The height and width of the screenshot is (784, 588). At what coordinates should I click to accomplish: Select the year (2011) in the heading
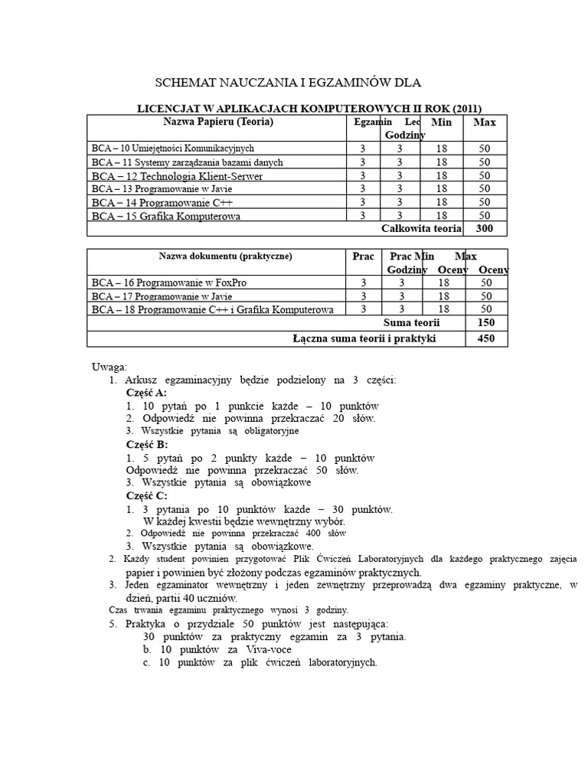[x=469, y=108]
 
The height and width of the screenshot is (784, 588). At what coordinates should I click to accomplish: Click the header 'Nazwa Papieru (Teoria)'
[x=218, y=122]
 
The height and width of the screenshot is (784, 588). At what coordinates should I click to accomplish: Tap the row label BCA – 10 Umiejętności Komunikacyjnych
[x=172, y=148]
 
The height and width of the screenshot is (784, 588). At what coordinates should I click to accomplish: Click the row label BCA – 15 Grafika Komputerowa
[x=165, y=216]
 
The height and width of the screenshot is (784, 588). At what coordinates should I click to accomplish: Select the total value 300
[x=485, y=228]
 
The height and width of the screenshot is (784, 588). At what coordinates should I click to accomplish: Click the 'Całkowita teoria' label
[x=421, y=228]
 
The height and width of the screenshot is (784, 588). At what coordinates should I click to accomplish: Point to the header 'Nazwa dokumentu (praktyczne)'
[x=214, y=256]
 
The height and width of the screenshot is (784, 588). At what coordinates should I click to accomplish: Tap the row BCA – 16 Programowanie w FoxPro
[x=168, y=283]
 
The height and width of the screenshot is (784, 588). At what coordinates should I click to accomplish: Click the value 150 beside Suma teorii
[x=485, y=323]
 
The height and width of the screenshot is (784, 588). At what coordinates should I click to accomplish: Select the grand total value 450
[x=485, y=339]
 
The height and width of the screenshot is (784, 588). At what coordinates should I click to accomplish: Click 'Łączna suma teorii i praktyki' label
[x=364, y=339]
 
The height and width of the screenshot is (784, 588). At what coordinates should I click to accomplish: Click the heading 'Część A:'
[x=146, y=392]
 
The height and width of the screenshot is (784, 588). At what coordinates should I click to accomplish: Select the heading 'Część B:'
[x=146, y=444]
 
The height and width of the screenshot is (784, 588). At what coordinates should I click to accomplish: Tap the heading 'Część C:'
[x=146, y=496]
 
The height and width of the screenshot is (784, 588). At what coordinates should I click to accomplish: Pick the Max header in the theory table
[x=485, y=122]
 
